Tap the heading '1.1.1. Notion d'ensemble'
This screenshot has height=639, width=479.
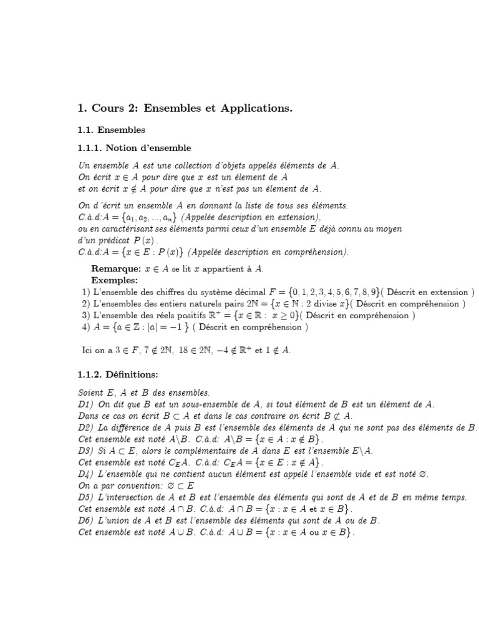click(x=134, y=149)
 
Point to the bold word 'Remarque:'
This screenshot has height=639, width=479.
click(x=116, y=269)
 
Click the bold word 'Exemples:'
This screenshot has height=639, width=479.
click(x=114, y=280)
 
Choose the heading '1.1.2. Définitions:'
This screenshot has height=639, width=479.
click(x=118, y=374)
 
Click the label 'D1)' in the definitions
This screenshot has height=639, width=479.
click(x=85, y=404)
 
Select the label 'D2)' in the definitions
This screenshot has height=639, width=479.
click(x=85, y=427)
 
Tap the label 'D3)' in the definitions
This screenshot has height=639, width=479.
click(x=85, y=451)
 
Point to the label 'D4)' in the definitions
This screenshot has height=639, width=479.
click(x=85, y=474)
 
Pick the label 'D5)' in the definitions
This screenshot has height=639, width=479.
click(x=85, y=497)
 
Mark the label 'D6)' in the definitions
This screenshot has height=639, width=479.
click(x=85, y=520)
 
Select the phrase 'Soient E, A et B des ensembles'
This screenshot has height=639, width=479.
click(x=144, y=393)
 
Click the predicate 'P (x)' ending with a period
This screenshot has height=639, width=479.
click(x=144, y=240)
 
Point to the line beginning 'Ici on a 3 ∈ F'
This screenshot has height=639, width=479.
click(x=186, y=350)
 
